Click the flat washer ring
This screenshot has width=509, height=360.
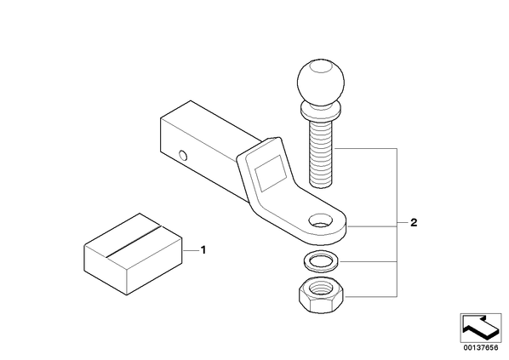tap(321, 261)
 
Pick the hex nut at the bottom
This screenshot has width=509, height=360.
tap(321, 295)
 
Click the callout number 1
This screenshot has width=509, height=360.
tap(203, 250)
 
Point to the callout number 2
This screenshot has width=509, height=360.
tap(414, 223)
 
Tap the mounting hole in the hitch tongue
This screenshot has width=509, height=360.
tap(321, 221)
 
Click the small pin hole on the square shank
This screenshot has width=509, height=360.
tap(183, 156)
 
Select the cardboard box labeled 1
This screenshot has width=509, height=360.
tap(133, 254)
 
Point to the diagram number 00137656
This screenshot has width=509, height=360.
tap(480, 348)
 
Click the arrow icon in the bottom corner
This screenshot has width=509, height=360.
tap(480, 328)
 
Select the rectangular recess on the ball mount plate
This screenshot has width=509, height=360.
tap(271, 174)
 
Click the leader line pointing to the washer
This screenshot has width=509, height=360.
tap(368, 261)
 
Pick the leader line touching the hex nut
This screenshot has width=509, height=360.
tap(371, 296)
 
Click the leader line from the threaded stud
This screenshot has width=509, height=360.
tap(366, 148)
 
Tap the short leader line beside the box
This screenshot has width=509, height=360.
tap(191, 250)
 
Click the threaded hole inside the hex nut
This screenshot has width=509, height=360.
tap(320, 289)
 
